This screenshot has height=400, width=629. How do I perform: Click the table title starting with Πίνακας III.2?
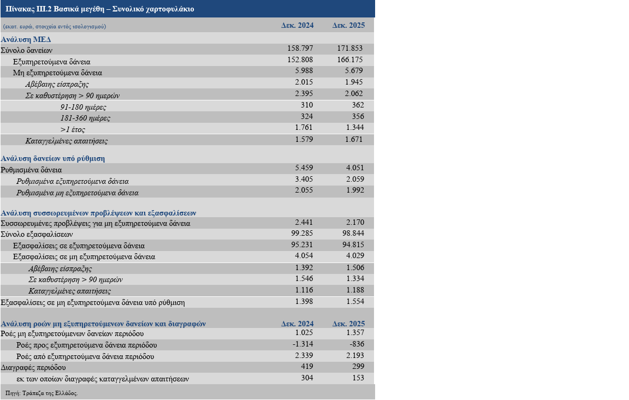(100, 9)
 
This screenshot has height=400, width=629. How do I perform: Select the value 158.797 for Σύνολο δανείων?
(300, 48)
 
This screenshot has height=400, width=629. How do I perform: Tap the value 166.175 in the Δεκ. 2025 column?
(350, 59)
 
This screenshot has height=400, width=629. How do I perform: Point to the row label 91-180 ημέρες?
(83, 107)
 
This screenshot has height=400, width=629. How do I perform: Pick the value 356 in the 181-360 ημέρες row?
(358, 116)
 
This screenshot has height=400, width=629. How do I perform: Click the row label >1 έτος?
(73, 129)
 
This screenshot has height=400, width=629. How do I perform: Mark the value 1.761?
(304, 128)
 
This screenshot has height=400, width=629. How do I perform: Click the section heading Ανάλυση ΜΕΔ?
(26, 39)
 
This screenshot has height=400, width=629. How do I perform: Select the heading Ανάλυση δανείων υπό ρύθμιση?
(52, 158)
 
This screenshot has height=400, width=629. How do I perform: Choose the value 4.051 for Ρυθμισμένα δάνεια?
(355, 168)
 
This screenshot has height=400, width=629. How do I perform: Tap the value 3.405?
(304, 179)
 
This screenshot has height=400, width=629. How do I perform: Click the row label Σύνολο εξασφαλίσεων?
(37, 234)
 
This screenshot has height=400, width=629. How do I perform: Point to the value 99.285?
(302, 233)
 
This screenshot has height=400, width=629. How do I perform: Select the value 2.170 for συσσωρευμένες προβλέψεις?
(355, 222)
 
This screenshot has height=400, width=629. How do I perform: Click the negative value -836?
(357, 344)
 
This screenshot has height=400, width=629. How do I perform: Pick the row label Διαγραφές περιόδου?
(33, 368)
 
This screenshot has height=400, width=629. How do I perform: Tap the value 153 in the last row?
(358, 378)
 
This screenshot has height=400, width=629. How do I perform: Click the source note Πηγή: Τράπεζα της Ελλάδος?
(41, 393)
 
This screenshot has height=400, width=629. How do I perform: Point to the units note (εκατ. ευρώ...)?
(55, 26)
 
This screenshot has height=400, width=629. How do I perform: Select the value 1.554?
(355, 301)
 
